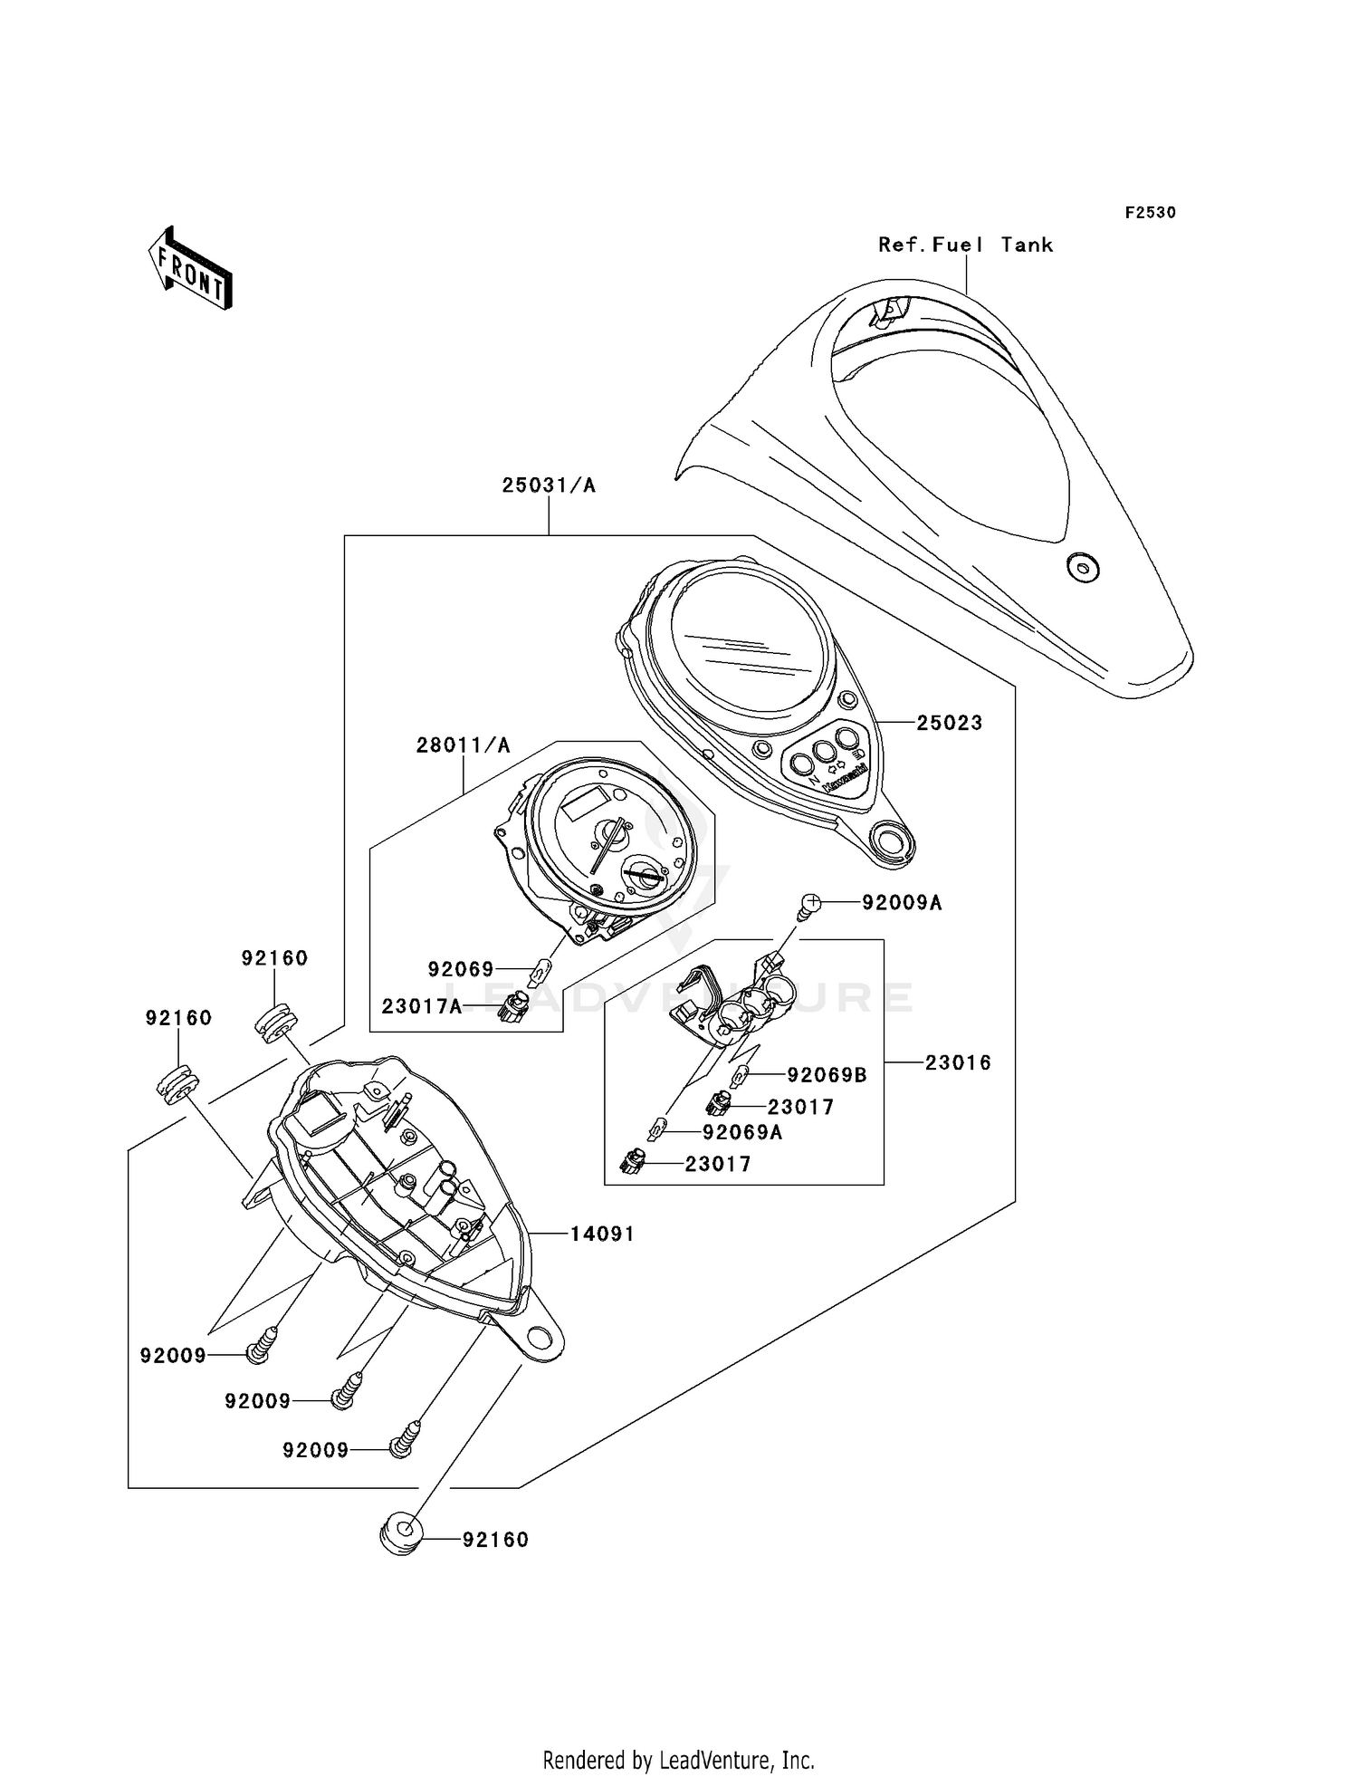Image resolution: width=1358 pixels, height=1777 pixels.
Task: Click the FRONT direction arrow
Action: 191,269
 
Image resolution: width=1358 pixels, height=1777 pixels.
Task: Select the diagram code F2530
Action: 1150,213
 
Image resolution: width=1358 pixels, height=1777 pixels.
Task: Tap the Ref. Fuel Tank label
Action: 965,245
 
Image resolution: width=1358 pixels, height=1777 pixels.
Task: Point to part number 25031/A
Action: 549,485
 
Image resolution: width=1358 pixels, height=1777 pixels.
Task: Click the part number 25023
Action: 949,723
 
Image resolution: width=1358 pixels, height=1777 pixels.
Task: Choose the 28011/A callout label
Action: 464,745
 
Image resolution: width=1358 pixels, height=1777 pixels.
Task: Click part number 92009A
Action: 902,902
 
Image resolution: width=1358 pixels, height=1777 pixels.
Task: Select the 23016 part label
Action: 958,1062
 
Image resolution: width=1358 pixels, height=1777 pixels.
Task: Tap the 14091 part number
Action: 602,1234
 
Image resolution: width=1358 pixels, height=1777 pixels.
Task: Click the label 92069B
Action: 827,1075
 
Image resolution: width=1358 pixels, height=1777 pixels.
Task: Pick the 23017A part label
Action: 422,1006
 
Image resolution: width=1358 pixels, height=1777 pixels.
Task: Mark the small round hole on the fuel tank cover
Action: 1081,568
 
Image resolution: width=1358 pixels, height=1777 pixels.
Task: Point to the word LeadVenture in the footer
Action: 716,1760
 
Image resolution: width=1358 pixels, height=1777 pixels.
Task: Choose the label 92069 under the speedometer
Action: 461,970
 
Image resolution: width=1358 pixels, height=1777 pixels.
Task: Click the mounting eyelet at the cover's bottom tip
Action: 891,840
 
